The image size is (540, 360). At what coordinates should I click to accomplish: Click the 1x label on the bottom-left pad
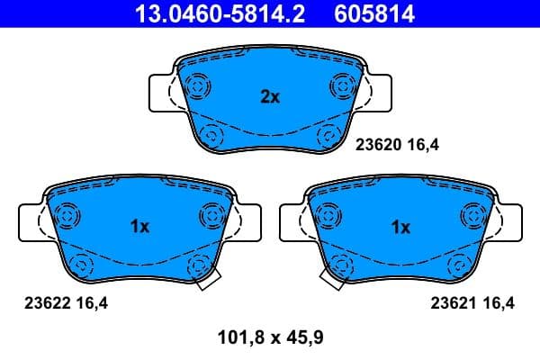[139, 227]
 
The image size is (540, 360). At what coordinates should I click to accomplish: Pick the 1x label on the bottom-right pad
[400, 227]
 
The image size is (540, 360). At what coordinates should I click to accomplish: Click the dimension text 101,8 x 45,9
[270, 338]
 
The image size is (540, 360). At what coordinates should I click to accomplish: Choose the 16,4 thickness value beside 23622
[92, 304]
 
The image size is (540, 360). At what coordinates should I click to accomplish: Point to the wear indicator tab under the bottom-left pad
[207, 282]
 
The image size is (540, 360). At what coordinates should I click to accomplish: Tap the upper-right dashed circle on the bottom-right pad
[472, 214]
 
